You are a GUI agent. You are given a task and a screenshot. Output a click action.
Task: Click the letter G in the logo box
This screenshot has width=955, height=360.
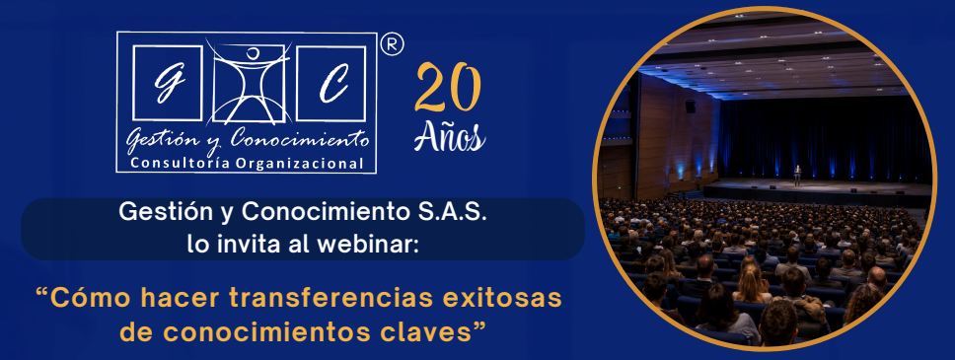point(166,83)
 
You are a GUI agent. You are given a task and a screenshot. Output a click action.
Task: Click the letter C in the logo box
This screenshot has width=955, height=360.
point(332,84)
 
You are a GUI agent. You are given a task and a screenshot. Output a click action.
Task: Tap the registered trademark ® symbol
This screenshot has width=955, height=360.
point(393,44)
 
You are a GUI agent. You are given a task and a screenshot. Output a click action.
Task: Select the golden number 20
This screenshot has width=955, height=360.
point(448,87)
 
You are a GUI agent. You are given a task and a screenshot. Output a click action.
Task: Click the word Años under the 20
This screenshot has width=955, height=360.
point(450,136)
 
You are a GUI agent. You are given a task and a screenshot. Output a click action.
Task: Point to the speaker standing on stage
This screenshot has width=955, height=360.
point(797,175)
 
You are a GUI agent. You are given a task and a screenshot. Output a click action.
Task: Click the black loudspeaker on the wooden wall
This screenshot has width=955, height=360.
point(690,106)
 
